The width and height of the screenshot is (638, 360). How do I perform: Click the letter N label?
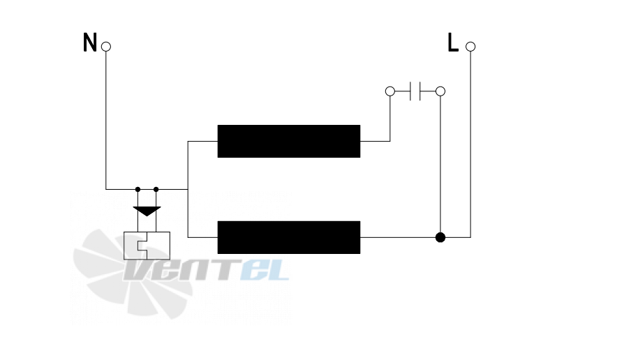click(89, 43)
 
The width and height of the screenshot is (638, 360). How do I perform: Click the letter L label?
click(453, 43)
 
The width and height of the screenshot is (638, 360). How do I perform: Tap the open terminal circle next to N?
click(106, 46)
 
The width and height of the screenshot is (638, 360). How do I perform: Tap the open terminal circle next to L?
click(470, 46)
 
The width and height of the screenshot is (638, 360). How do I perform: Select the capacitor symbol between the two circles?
click(415, 91)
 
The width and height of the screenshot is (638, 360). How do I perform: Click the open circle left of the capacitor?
click(390, 91)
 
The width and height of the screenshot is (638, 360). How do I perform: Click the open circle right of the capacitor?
click(440, 91)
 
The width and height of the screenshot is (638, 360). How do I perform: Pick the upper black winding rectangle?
click(289, 141)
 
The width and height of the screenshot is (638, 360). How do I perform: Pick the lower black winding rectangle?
click(289, 237)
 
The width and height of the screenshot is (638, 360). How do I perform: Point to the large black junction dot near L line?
click(440, 237)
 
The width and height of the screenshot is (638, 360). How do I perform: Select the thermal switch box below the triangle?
click(147, 246)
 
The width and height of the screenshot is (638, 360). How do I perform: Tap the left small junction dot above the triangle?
click(138, 189)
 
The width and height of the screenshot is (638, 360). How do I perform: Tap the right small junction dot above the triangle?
click(156, 189)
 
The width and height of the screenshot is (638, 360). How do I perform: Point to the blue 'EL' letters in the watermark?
click(265, 270)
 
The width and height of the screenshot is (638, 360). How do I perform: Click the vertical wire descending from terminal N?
click(106, 121)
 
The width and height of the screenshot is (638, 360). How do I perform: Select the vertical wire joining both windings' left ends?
click(188, 189)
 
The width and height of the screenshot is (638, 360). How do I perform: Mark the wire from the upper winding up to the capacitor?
click(390, 119)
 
